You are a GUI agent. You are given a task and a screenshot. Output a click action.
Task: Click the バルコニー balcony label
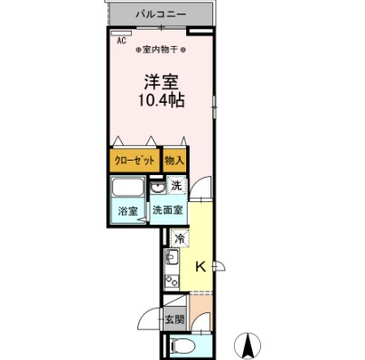162,14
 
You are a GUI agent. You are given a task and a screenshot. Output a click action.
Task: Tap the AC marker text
120,41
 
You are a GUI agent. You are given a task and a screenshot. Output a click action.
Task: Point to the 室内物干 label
162,50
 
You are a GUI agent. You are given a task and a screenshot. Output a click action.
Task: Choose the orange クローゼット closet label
134,160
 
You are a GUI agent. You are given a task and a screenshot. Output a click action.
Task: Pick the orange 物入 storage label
174,160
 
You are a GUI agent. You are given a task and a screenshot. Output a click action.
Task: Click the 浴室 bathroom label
128,212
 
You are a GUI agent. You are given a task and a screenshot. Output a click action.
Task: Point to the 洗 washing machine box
176,186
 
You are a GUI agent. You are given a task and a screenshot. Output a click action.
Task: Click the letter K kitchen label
201,266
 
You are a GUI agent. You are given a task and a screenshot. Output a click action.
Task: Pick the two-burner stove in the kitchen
172,282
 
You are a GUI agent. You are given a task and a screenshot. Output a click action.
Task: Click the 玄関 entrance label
174,320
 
